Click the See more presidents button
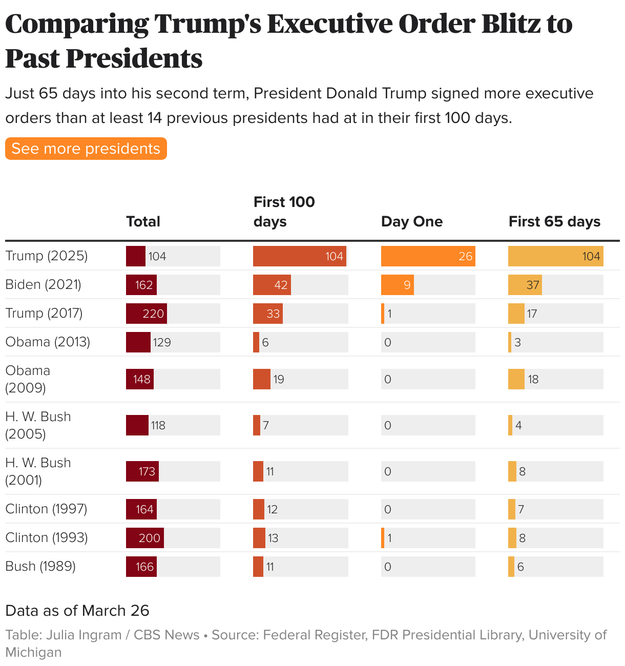[x=86, y=149]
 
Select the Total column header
[x=143, y=221]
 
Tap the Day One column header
[x=411, y=221]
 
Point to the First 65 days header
[x=554, y=221]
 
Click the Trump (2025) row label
[x=47, y=256]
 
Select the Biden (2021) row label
[x=44, y=284]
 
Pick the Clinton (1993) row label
[x=47, y=537]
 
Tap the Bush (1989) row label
[x=40, y=566]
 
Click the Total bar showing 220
[x=147, y=314]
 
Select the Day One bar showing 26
[x=428, y=256]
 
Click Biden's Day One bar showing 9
[x=398, y=285]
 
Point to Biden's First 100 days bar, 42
[x=272, y=285]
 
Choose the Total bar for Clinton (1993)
[x=145, y=538]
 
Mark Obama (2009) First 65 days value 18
[x=533, y=379]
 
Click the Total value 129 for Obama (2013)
[x=162, y=342]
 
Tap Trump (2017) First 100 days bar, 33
[x=268, y=314]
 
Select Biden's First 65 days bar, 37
[x=525, y=285]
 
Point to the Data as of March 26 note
[x=77, y=611]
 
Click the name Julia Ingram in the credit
[x=84, y=635]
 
